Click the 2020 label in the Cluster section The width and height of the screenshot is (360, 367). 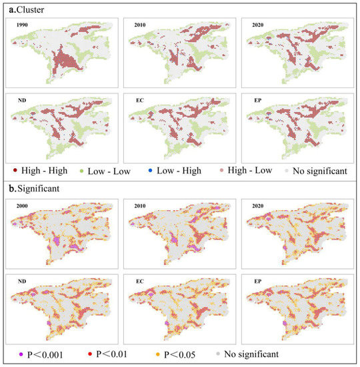[x=255, y=26]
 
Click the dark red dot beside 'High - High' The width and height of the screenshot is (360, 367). [x=15, y=171]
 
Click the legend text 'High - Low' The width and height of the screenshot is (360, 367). [x=250, y=170]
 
